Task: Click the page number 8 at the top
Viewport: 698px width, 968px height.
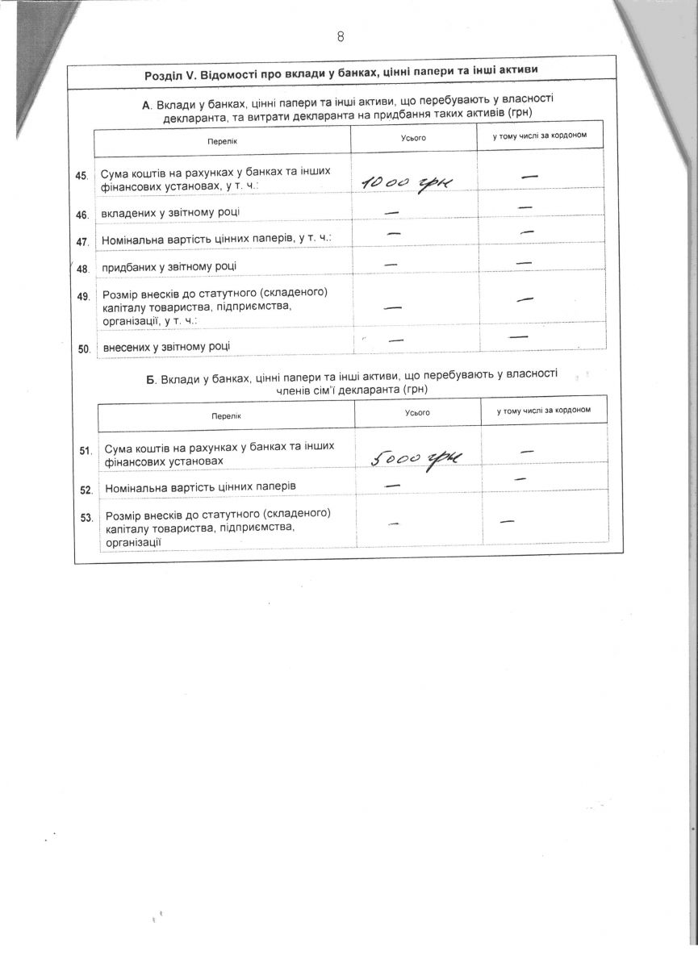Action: [341, 36]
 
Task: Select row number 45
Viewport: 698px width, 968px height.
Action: [82, 176]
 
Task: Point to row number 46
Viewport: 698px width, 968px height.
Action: [82, 215]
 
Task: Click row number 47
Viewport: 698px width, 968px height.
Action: [82, 241]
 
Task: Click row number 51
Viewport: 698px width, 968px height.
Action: [85, 450]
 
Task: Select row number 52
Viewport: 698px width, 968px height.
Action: [86, 489]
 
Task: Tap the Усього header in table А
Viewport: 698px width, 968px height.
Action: [414, 138]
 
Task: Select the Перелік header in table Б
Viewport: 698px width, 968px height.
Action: [227, 414]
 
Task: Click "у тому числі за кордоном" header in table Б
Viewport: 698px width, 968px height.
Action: [545, 411]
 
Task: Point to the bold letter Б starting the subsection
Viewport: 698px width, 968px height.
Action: [152, 379]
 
